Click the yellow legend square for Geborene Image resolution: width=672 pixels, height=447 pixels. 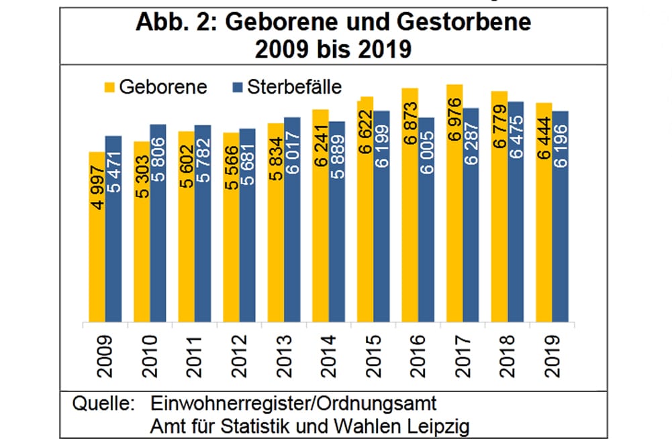(x=109, y=87)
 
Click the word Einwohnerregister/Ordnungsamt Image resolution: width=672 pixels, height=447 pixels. (x=294, y=403)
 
